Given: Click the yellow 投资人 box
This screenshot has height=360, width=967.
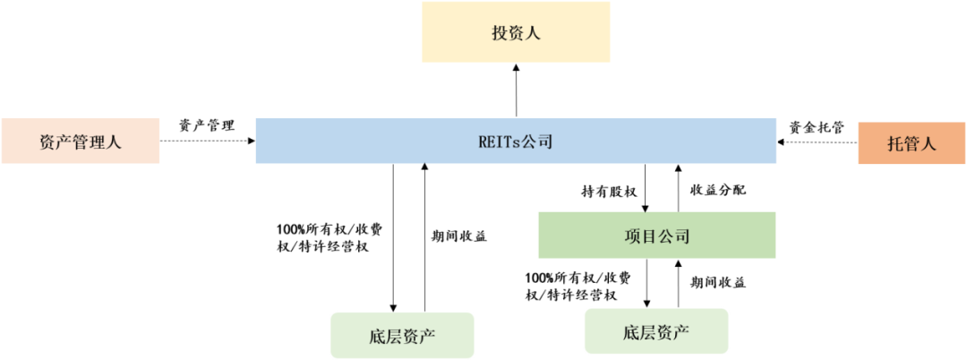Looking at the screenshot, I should click(515, 34).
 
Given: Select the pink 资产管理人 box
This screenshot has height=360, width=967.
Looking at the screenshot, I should click(81, 141).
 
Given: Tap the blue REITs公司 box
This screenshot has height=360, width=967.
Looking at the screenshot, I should click(515, 141).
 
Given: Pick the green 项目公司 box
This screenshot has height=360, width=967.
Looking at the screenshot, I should click(656, 236).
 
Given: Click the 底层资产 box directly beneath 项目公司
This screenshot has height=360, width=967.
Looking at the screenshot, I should click(656, 331).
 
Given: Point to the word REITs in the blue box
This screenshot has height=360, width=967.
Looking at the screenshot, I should click(498, 141).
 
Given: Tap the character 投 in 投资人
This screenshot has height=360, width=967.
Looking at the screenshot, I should click(499, 34).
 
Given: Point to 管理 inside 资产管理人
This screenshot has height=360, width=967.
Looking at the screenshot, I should click(89, 141).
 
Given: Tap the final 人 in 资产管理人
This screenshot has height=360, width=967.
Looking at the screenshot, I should click(114, 141).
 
